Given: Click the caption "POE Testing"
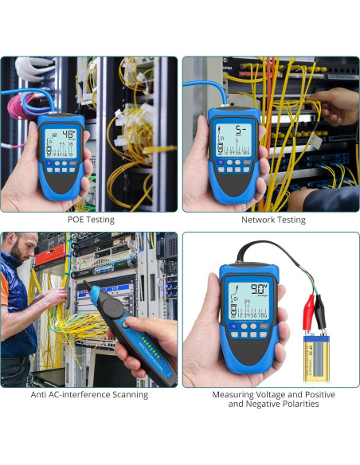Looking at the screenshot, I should [x=89, y=220].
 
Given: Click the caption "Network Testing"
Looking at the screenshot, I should [x=273, y=220].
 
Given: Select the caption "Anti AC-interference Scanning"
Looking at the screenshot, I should [x=89, y=395].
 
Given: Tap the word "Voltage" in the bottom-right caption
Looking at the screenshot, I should [x=269, y=395].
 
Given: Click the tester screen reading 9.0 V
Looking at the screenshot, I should [x=246, y=299].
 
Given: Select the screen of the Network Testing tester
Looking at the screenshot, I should [x=230, y=140].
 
